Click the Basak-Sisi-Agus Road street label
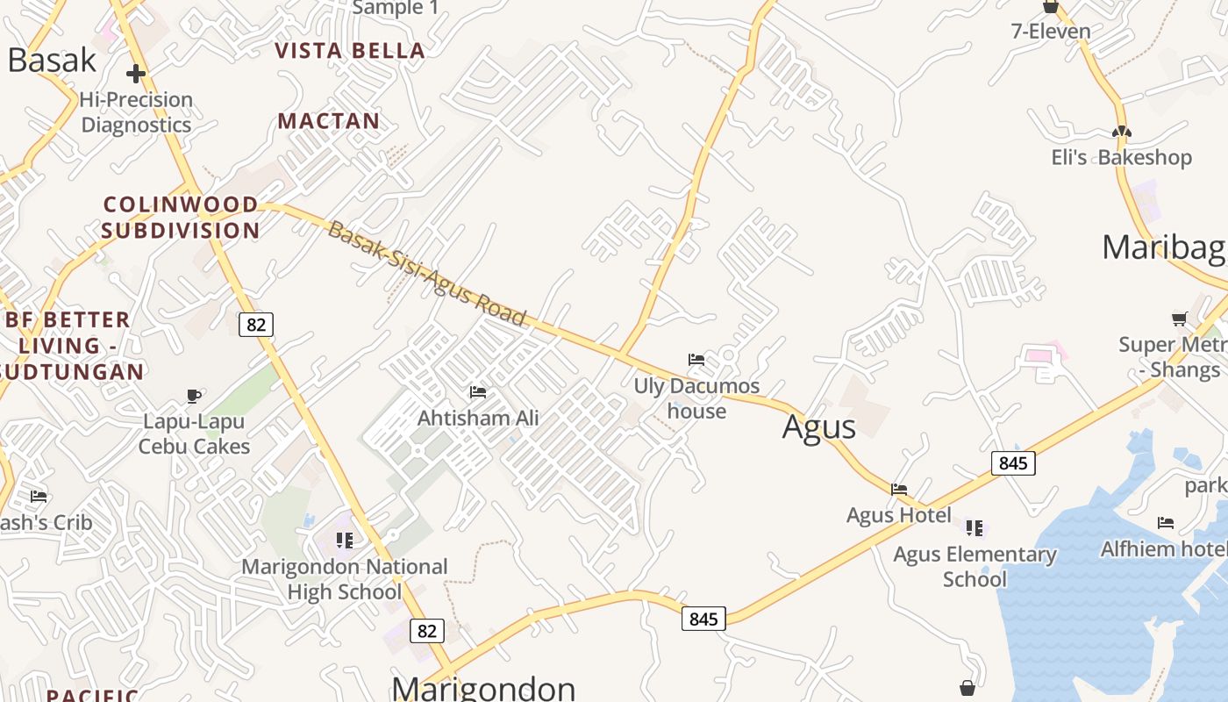tap(426, 274)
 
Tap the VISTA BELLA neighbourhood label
tap(350, 51)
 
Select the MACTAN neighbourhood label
tap(329, 121)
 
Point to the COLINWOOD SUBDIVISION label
tap(181, 218)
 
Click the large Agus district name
tap(818, 427)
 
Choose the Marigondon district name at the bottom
tap(483, 688)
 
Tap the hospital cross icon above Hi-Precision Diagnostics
tap(136, 73)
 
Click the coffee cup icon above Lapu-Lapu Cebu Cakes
tap(194, 397)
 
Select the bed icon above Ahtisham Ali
tap(478, 391)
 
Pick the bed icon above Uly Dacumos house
tap(696, 360)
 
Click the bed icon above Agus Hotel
tap(899, 490)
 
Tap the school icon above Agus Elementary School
tap(975, 527)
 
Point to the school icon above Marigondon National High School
tap(345, 540)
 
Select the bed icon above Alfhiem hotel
tap(1165, 523)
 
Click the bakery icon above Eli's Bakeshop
tap(1122, 132)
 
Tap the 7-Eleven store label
tap(1051, 32)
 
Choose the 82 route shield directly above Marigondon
tap(426, 631)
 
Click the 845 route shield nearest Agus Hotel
tap(1013, 462)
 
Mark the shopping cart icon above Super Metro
tap(1180, 319)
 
